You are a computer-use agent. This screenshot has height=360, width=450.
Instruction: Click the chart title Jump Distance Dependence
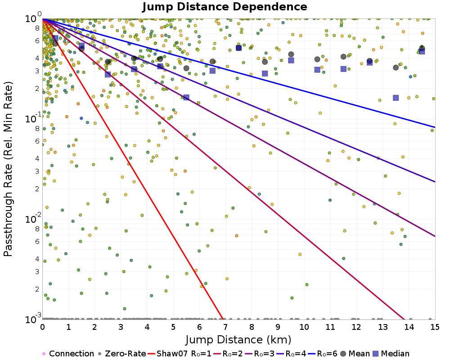click(225, 7)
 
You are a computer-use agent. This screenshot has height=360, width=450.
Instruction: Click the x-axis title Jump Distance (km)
click(238, 339)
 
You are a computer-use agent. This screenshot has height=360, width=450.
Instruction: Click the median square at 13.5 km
click(396, 98)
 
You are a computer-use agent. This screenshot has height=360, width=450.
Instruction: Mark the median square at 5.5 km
click(186, 97)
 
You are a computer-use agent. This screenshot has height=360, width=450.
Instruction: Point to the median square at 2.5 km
click(108, 74)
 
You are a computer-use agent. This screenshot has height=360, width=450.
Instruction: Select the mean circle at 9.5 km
click(291, 54)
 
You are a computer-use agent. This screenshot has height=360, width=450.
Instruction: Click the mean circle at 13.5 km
click(396, 67)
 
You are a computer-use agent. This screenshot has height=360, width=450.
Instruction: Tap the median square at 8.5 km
click(265, 73)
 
